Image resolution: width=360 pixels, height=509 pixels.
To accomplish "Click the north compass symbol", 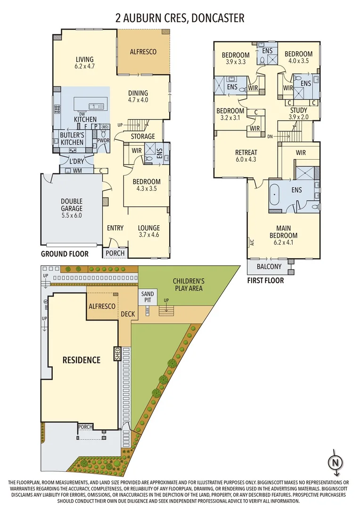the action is click(336, 461).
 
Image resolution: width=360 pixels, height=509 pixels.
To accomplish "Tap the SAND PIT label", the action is click(147, 297).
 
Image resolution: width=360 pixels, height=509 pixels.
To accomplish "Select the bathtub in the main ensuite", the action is click(275, 195).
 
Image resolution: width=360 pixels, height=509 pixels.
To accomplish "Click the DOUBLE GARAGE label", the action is click(72, 205).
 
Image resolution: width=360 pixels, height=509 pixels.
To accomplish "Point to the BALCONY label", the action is click(269, 266).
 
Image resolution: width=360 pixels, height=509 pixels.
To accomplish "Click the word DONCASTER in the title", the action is click(218, 18).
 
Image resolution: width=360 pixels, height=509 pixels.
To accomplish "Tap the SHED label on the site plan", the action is click(117, 354).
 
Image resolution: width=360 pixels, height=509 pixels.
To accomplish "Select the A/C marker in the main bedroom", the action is click(251, 242).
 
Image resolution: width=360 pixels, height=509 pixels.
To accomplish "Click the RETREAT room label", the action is click(246, 152).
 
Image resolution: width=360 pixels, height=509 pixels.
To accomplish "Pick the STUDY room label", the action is click(299, 110).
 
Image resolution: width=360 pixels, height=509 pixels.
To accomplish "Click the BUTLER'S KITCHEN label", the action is click(72, 139).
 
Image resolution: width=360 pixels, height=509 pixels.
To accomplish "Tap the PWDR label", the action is click(104, 140).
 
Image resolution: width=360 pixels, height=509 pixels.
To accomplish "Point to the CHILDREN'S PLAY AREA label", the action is click(188, 284).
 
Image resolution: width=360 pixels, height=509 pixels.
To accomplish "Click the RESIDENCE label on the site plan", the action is click(82, 360).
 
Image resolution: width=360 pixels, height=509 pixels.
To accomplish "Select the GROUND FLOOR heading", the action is click(65, 254).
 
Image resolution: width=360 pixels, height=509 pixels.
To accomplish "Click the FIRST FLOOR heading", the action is click(266, 280).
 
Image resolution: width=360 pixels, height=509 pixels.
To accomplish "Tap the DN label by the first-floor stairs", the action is click(270, 137).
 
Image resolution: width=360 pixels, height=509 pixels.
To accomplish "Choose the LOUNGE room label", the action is click(149, 228).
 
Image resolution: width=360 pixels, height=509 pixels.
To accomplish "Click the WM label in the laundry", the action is click(77, 171).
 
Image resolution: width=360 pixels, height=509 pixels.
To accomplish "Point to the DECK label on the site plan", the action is click(128, 314).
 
